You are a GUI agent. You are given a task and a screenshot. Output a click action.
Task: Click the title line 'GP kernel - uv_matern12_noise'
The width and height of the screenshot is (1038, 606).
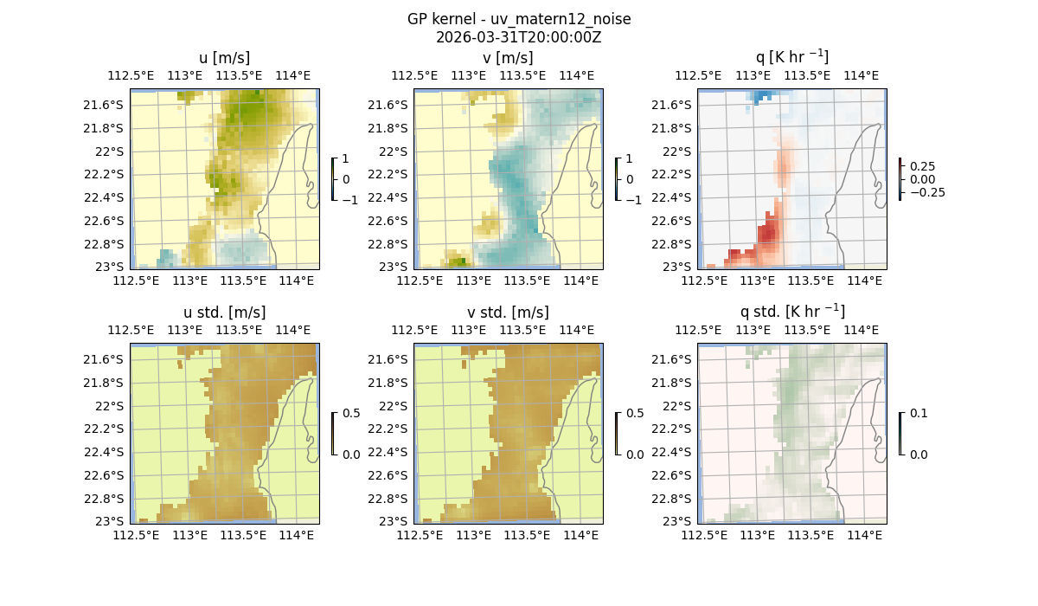pos(518,19)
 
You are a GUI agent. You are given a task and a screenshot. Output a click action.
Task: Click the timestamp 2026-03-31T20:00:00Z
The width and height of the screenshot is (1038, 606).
pos(518,37)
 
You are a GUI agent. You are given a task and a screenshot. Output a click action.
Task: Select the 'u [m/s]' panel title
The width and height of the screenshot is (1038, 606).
pos(224,58)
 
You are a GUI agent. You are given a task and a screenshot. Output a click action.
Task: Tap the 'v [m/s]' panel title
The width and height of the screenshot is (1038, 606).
pos(508,58)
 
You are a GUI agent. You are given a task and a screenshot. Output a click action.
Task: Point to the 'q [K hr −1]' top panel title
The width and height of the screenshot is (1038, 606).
pos(791,57)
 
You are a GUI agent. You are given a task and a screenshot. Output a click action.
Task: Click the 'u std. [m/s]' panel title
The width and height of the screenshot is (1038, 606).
pos(224,313)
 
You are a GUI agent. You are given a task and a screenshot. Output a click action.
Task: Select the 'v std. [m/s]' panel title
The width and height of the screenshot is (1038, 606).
pos(508,313)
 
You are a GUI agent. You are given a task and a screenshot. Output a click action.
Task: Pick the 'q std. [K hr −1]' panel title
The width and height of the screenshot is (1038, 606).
pos(791,312)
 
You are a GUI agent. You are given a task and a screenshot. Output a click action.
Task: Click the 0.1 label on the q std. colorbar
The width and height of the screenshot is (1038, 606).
pos(919,414)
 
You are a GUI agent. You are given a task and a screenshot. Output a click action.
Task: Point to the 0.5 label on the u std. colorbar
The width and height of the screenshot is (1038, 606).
pos(351,414)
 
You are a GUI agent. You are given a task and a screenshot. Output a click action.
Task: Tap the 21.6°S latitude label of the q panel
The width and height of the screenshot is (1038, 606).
pos(670,105)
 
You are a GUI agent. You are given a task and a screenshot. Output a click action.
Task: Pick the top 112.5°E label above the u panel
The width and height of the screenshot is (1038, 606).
pos(131,75)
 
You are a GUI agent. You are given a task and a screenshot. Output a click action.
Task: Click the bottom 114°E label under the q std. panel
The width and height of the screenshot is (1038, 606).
pos(864,536)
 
